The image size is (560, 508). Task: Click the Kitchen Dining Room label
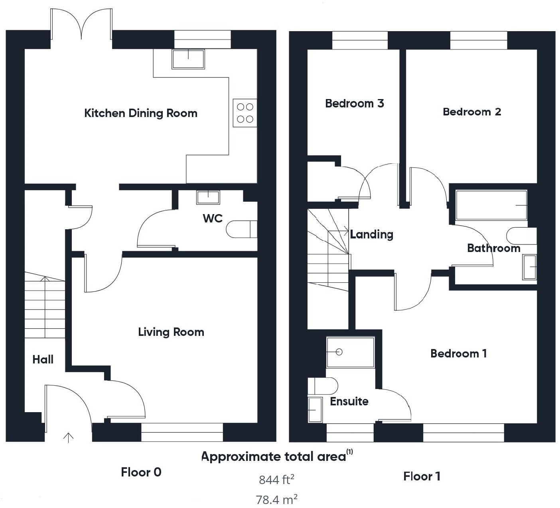coord(141,113)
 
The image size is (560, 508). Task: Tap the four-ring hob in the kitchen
coord(245,113)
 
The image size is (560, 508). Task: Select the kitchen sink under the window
coord(188,59)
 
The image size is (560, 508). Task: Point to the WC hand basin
coord(208,197)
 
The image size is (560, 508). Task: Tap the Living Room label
coord(171,332)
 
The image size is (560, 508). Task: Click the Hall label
coord(43,359)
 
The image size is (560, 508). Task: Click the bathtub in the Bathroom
coord(491,205)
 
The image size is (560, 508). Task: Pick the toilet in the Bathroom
coord(522,236)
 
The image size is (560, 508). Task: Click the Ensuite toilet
coord(323,386)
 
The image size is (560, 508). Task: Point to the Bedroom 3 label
coord(355,103)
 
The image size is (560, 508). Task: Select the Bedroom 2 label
coord(472,112)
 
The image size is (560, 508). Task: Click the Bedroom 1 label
coord(459,353)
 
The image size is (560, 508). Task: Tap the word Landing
coord(372,234)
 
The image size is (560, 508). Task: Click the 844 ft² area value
coord(277,479)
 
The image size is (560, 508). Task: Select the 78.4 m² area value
coord(277,499)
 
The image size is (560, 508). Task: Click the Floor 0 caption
coord(141,472)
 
